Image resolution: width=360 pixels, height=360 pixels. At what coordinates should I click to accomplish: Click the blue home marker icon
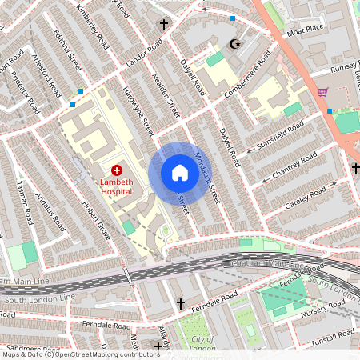179,173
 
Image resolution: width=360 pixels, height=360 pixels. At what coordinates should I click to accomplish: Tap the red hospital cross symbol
117,170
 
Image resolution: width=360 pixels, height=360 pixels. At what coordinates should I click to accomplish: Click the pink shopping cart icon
322,92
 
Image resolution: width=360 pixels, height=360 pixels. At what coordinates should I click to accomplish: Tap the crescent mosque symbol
234,44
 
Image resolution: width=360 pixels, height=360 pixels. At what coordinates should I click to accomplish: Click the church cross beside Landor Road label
164,25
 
